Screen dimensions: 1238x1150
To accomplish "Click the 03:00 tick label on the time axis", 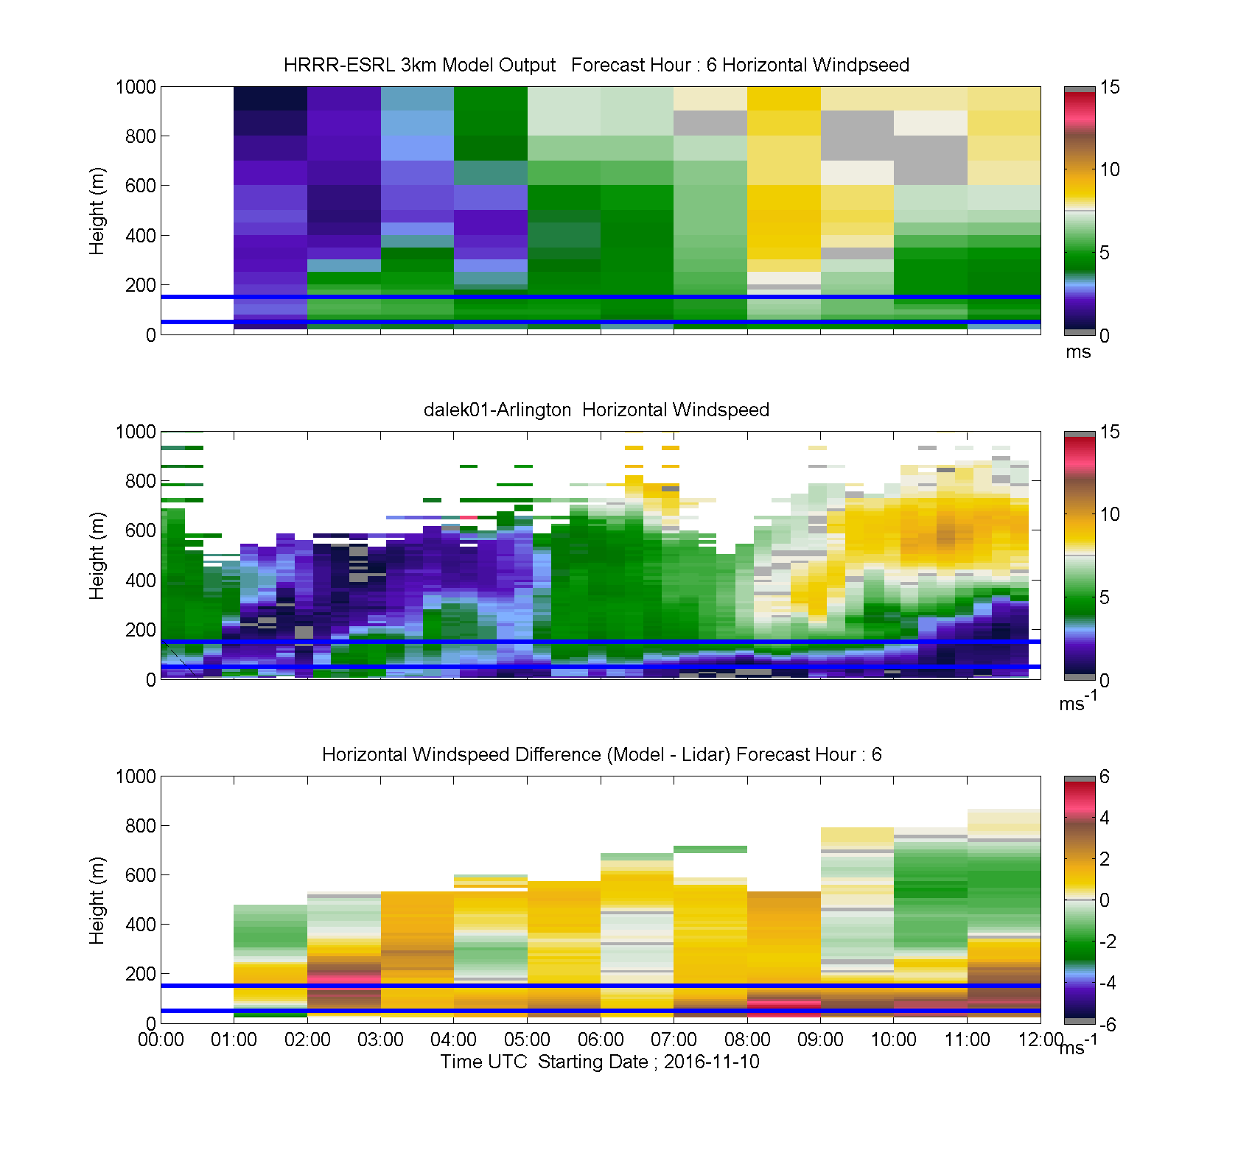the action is (x=380, y=1039).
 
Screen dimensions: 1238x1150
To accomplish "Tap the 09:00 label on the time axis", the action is (x=820, y=1039).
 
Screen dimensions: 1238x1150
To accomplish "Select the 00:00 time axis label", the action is (x=161, y=1039).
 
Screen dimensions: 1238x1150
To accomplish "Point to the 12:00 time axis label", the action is (x=1041, y=1039).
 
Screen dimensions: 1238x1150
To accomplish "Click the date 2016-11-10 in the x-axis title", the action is (x=712, y=1062).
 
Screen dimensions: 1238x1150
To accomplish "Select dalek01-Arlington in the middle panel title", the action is (x=497, y=410).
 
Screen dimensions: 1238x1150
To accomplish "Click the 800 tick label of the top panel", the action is (x=141, y=136).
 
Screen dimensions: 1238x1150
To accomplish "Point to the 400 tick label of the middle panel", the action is (x=141, y=581).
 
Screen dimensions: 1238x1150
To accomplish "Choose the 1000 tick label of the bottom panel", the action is (x=136, y=776).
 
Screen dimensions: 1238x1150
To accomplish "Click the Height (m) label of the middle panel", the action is (x=97, y=555).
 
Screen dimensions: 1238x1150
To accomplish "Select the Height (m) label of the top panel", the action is (x=97, y=211).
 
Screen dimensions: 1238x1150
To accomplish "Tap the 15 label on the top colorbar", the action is (x=1110, y=87).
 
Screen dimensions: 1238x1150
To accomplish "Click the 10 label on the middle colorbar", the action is (x=1110, y=514).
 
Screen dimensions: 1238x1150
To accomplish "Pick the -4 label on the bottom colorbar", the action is (x=1108, y=983).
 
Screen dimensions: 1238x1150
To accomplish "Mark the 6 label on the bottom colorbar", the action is (x=1105, y=776).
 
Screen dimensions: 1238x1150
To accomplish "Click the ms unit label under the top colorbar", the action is (x=1078, y=352).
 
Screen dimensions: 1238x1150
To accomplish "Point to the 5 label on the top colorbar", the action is (x=1105, y=253).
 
